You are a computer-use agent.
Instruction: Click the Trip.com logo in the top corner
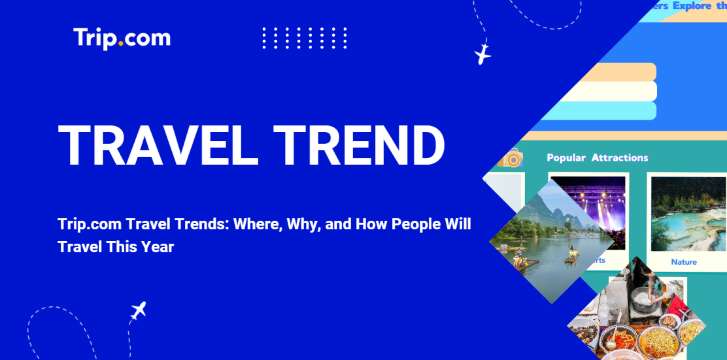click(x=121, y=38)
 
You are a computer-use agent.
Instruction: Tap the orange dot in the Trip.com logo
click(x=121, y=44)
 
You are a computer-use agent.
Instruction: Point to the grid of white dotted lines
click(x=304, y=38)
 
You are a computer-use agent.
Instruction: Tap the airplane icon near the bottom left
click(x=139, y=310)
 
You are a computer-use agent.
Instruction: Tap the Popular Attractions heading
click(x=597, y=158)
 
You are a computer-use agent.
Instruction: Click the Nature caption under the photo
click(x=684, y=262)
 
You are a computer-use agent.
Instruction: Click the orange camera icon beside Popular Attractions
click(x=513, y=158)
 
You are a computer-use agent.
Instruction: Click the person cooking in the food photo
click(x=641, y=290)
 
